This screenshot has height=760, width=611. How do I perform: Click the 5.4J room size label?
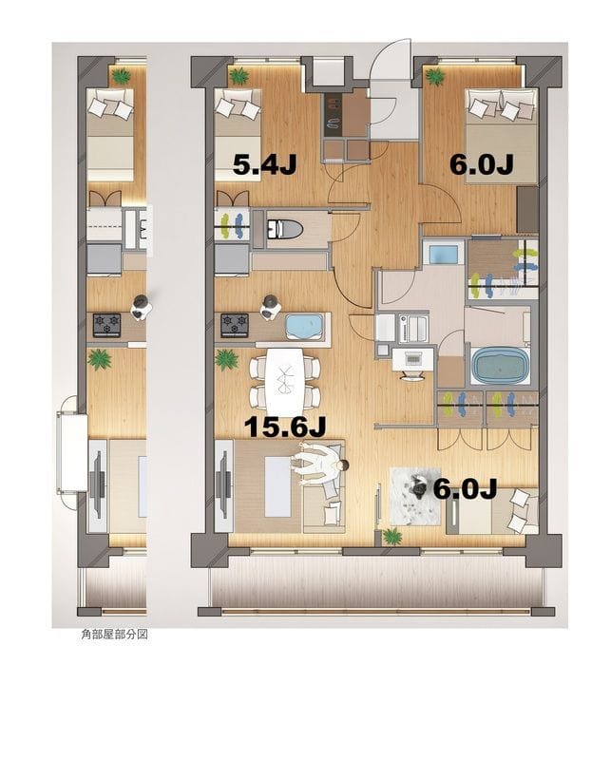[265, 164]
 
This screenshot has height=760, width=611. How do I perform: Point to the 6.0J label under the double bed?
[481, 164]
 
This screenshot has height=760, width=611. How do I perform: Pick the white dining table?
[286, 376]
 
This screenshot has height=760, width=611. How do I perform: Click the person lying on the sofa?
[319, 465]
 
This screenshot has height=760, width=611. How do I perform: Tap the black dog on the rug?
[418, 487]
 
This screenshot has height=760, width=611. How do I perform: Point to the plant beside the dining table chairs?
[227, 359]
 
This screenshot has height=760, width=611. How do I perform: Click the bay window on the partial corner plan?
[69, 446]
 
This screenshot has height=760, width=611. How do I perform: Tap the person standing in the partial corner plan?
[140, 304]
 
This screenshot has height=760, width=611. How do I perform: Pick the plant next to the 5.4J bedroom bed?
[238, 75]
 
